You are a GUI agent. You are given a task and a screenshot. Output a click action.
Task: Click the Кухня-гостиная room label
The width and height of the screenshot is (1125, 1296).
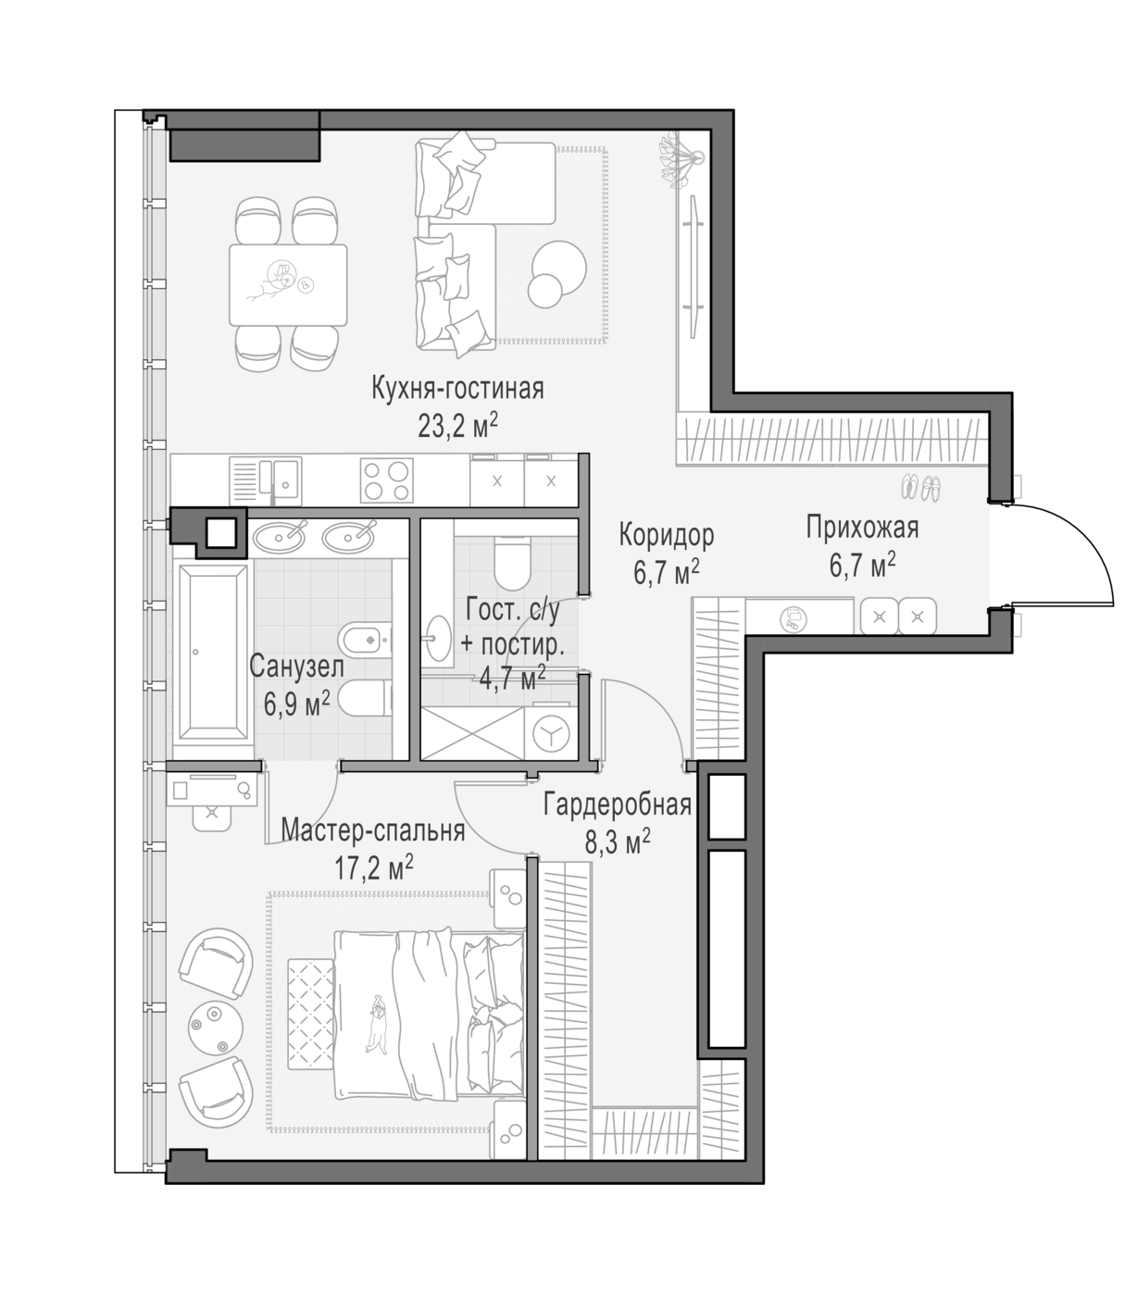point(457,388)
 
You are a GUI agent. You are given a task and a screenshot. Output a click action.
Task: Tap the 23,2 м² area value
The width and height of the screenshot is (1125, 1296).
point(457,426)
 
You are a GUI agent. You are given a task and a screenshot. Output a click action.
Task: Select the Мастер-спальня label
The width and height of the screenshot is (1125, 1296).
point(373,830)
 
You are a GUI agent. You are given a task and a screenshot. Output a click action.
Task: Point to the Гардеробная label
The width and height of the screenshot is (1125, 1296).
point(617,804)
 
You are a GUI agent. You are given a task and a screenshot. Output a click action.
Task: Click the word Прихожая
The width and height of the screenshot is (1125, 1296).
point(862,528)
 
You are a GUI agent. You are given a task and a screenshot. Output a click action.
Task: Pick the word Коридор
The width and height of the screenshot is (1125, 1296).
point(667,535)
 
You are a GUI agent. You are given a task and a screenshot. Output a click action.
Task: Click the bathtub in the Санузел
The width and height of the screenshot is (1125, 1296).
point(214,653)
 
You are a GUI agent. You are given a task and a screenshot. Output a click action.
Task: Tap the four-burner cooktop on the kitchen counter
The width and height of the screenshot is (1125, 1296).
point(386,480)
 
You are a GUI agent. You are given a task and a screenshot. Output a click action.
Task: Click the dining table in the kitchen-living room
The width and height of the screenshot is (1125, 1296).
point(288,285)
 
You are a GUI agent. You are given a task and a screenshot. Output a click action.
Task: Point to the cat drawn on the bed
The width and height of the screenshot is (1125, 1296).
point(378,1024)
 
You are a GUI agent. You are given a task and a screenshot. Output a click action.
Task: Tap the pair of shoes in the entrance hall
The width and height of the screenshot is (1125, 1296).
point(920,488)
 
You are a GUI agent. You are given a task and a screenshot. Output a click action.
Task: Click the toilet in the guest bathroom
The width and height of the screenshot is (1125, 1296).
point(512,563)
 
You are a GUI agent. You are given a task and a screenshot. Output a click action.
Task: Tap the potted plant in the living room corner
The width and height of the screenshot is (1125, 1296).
point(681,161)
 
